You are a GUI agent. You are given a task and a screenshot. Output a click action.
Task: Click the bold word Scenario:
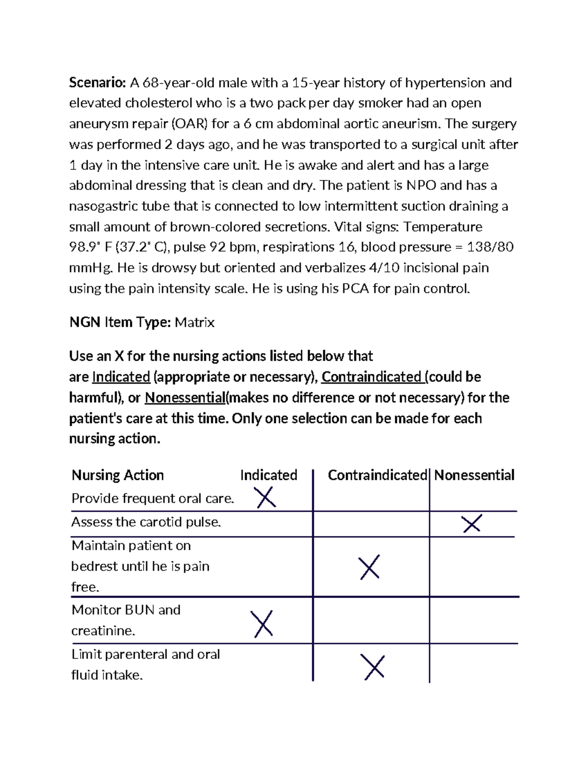(x=98, y=82)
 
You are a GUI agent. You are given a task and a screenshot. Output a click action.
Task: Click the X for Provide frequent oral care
(x=266, y=498)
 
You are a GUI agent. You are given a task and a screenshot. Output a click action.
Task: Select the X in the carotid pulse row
(x=472, y=524)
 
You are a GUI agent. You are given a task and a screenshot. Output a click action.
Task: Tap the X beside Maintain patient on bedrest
(x=369, y=567)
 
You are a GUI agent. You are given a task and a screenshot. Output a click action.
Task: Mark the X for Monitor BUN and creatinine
(x=262, y=624)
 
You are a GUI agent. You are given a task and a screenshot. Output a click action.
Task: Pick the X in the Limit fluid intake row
(x=374, y=667)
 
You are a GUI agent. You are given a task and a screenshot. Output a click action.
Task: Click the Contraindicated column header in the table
(x=377, y=475)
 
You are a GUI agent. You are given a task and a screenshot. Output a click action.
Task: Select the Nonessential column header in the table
(x=474, y=475)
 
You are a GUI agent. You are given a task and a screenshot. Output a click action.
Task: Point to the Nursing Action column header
(x=118, y=475)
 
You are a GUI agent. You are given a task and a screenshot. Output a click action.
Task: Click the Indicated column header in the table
(x=269, y=475)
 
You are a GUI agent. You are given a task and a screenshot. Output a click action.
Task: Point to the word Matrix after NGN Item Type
(x=195, y=322)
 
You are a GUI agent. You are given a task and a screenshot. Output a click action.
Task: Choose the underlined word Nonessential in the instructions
(x=185, y=397)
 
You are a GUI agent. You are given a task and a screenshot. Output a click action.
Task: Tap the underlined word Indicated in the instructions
(x=121, y=377)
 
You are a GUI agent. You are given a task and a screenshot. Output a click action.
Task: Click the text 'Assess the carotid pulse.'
(x=146, y=522)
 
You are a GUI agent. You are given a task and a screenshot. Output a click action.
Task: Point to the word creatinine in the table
(x=103, y=631)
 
